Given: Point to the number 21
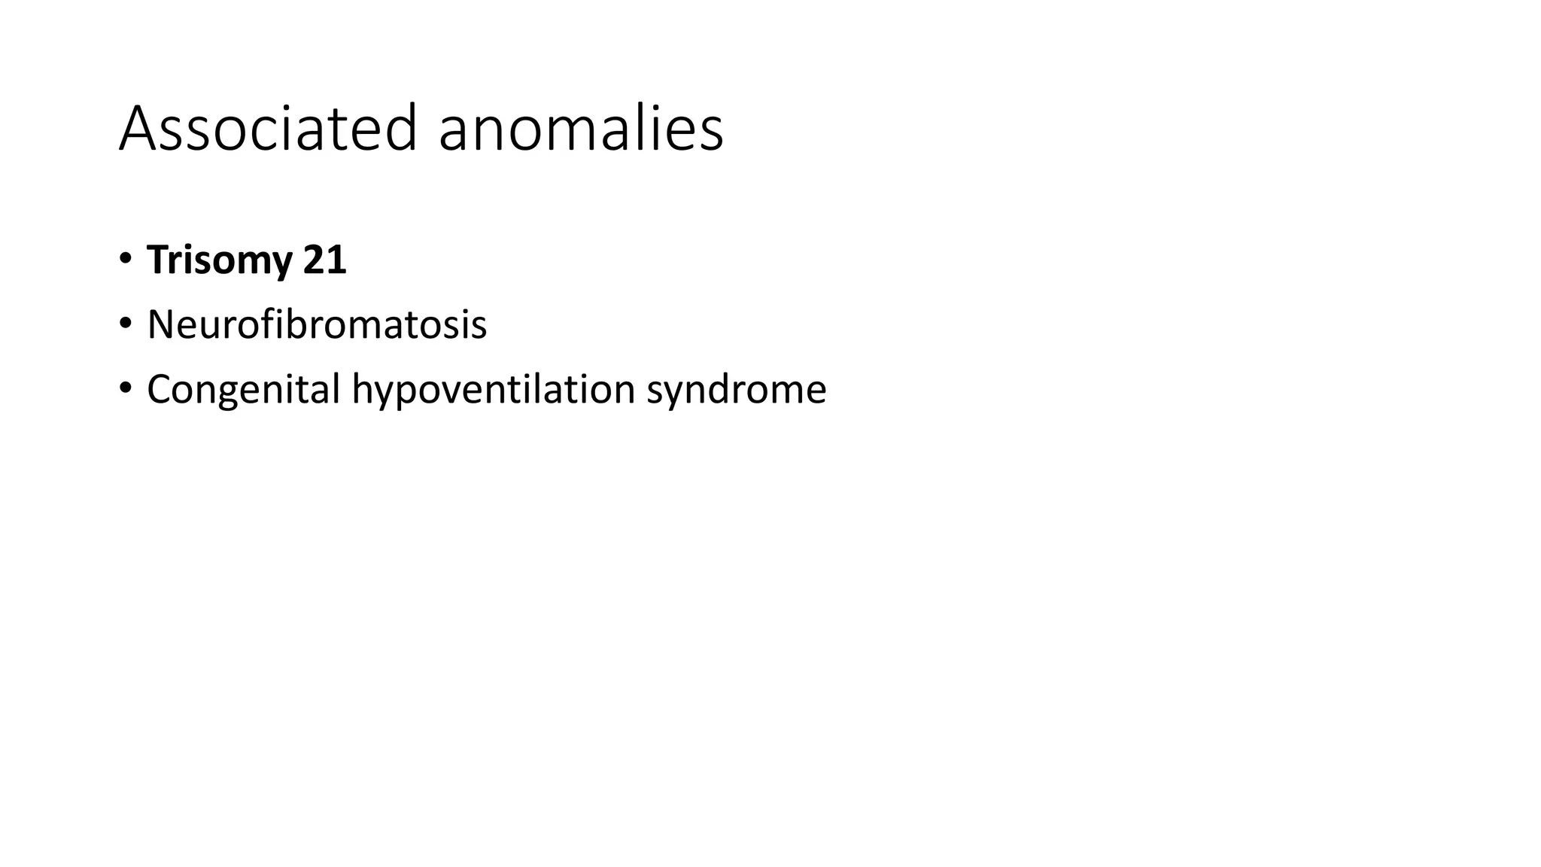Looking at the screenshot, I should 324,260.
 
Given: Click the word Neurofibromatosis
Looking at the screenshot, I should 317,325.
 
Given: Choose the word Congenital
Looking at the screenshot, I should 244,390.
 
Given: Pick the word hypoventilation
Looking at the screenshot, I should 494,390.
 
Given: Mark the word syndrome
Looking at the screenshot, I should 736,390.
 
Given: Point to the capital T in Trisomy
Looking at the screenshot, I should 158,260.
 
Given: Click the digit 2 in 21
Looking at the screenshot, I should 314,260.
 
